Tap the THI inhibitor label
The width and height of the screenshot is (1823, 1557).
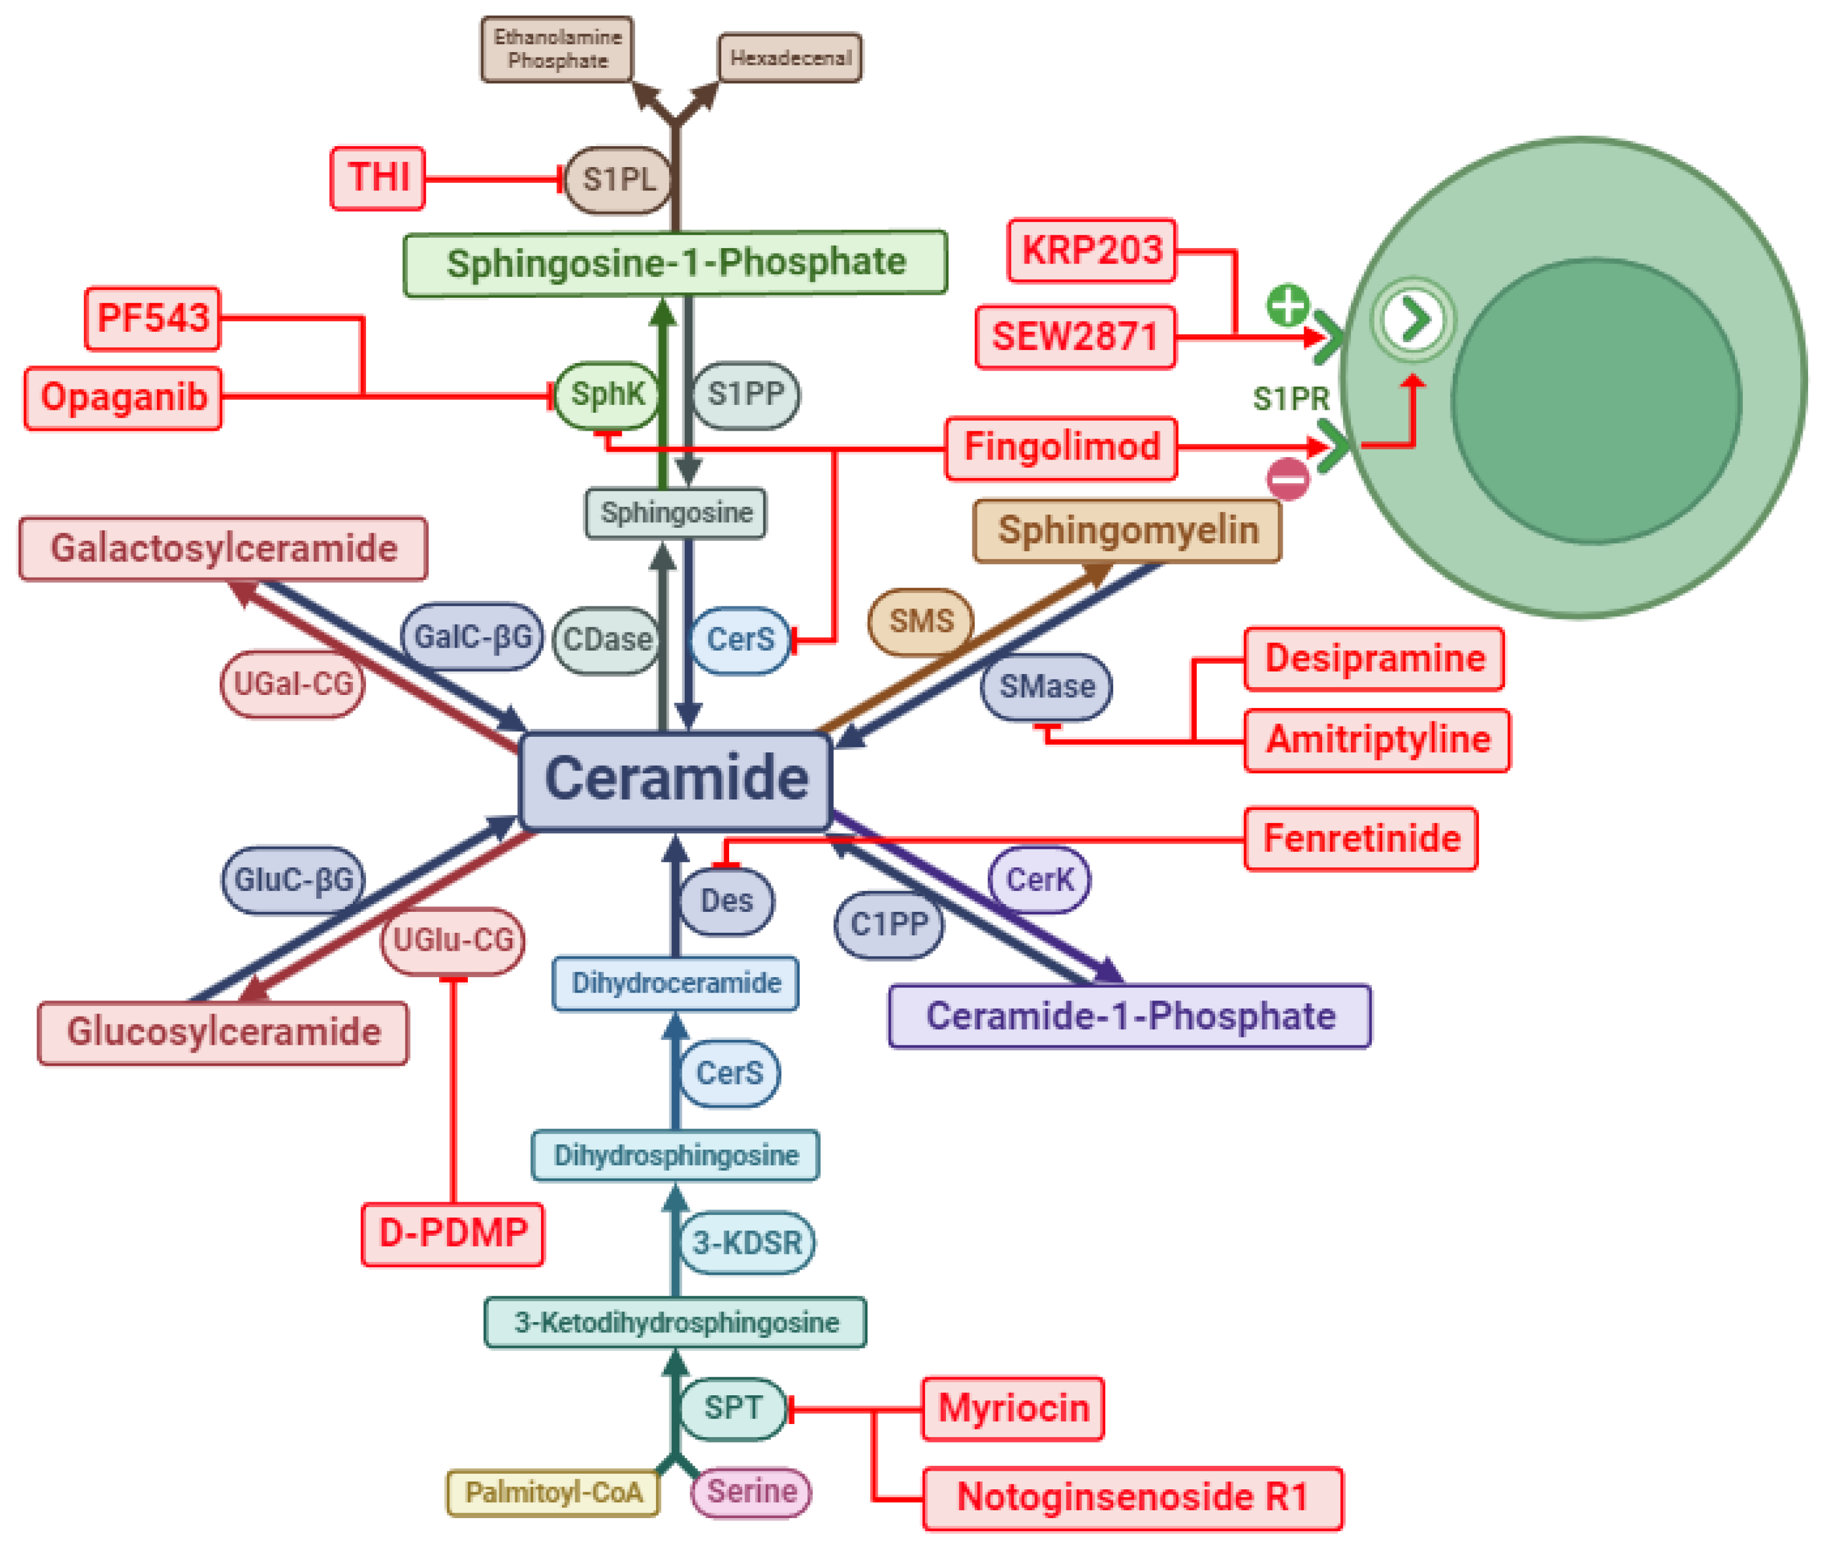377,178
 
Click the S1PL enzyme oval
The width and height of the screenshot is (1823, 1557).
618,180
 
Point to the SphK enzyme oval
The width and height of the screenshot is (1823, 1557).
606,394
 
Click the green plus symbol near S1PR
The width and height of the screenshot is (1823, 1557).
1287,306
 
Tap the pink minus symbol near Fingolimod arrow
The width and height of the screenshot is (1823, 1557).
1287,479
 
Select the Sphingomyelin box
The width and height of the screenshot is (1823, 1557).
1127,530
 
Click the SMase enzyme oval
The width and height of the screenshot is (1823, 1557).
1046,686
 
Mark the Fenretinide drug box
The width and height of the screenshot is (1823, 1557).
1361,838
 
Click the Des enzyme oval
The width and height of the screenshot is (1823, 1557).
727,901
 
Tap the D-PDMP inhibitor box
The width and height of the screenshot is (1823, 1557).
452,1233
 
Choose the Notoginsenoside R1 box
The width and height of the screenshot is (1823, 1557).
1132,1497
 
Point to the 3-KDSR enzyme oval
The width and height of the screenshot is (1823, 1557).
747,1243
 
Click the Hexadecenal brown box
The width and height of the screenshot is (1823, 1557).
790,58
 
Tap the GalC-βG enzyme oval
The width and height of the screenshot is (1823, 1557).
473,636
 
